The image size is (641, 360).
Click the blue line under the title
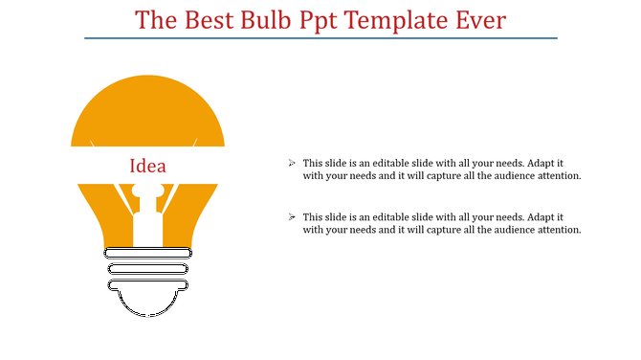point(320,38)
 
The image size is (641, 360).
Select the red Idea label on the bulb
point(147,167)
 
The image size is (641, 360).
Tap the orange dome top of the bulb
point(147,110)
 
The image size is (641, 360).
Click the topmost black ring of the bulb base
point(147,253)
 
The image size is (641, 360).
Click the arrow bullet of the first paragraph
point(292,164)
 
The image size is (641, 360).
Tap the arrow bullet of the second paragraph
point(292,217)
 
